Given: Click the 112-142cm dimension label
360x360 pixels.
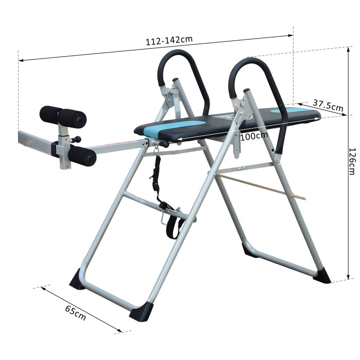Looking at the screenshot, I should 169,40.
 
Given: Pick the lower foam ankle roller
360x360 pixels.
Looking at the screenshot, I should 82,155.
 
